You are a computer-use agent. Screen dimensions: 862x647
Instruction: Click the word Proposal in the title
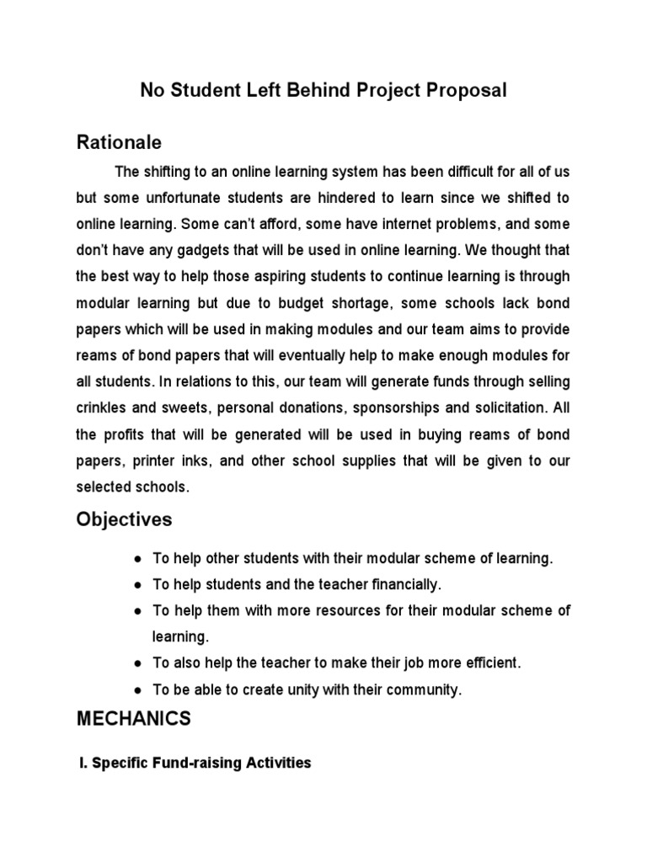(466, 91)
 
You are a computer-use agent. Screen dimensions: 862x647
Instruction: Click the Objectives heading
(124, 519)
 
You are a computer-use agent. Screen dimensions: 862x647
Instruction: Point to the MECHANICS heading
(134, 719)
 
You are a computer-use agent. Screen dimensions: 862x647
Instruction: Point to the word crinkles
(104, 408)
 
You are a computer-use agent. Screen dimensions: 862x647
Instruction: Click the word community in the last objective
(424, 689)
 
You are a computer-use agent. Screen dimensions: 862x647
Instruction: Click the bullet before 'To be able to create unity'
(137, 690)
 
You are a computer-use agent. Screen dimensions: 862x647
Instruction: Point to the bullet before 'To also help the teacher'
(137, 663)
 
